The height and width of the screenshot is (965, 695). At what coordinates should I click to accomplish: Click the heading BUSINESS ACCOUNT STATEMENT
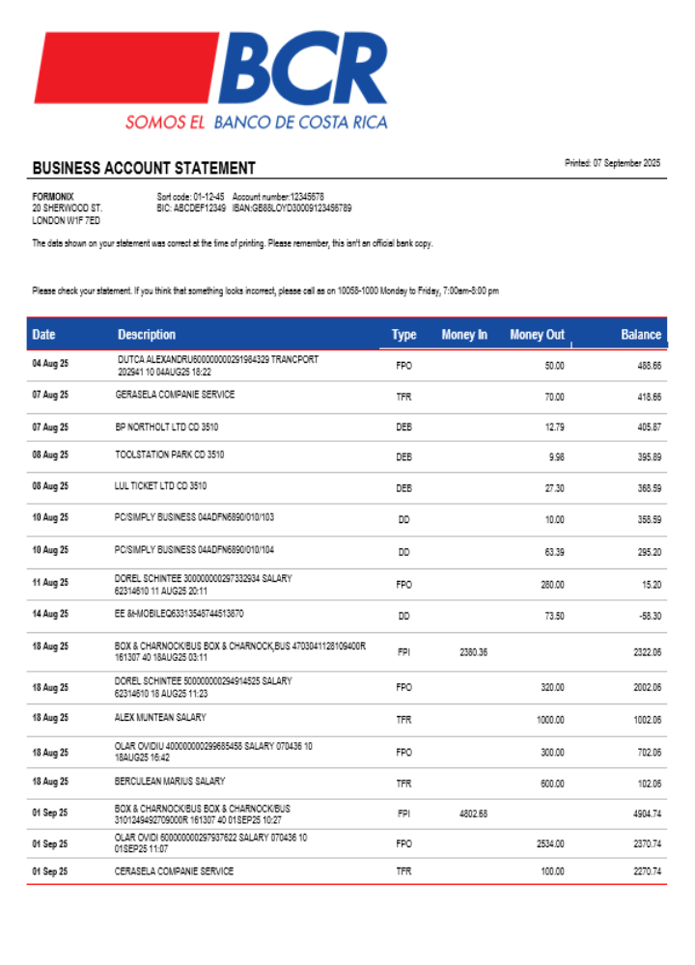coord(144,169)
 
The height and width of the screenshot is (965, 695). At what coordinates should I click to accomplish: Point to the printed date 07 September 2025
coord(612,163)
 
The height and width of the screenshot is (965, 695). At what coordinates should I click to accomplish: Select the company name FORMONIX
coord(53,197)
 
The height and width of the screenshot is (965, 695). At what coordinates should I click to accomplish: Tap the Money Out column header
coord(537,335)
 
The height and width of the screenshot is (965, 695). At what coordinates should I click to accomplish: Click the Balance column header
coord(640,335)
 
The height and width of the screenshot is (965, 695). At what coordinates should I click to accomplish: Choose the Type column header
coord(403,335)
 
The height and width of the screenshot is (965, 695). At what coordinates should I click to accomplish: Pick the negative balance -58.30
coord(648,615)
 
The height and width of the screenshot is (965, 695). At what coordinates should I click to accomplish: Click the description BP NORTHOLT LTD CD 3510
coord(169,425)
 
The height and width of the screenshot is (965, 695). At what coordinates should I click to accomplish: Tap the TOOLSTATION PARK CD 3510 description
coord(170,455)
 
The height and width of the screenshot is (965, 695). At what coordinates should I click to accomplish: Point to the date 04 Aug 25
coord(50,365)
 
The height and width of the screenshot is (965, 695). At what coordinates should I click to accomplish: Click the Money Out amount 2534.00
coord(549,843)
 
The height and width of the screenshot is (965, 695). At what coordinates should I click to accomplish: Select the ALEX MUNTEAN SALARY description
coord(160,718)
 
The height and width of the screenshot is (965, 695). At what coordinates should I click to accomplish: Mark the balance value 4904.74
coord(646,814)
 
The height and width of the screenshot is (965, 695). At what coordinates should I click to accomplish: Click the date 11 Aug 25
coord(50,583)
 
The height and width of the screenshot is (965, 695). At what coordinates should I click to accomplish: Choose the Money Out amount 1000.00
coord(549,720)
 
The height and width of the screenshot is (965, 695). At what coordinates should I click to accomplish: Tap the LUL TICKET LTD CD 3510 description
coord(160,486)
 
